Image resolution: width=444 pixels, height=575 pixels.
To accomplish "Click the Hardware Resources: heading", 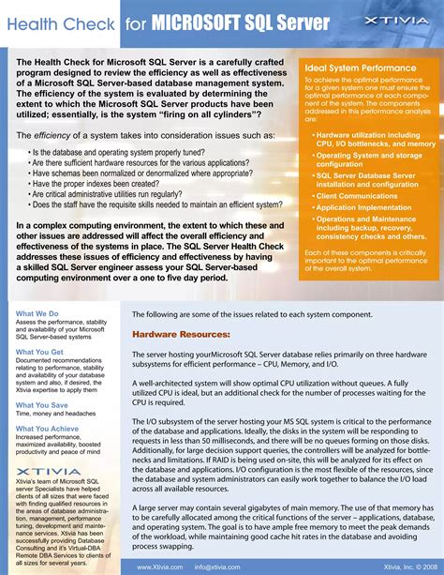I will (180, 334).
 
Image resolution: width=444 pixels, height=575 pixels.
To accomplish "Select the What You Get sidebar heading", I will (40, 352).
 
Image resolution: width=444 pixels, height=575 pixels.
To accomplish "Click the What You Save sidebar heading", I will (41, 405).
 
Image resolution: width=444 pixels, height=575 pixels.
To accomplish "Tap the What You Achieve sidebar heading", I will (47, 428).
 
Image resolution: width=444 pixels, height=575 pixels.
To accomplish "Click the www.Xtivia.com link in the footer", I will (159, 567).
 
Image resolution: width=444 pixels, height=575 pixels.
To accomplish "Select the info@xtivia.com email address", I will (217, 567).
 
